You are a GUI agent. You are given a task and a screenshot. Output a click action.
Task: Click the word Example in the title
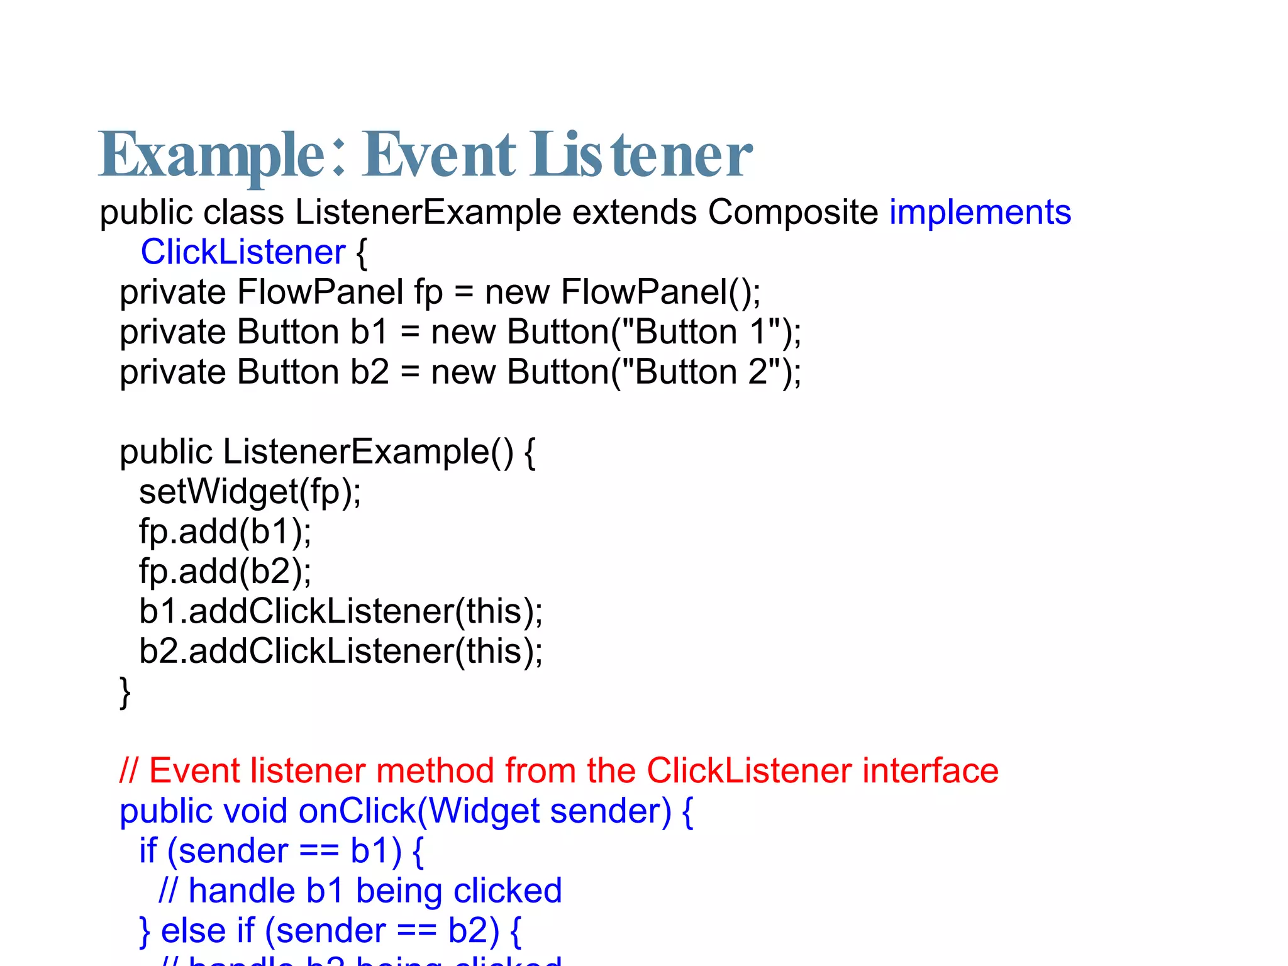click(x=211, y=155)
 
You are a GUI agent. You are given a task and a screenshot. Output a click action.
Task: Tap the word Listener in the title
click(x=641, y=155)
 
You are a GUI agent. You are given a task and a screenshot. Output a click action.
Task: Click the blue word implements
click(x=980, y=212)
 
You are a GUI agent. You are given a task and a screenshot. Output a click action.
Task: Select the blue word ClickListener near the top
click(x=243, y=252)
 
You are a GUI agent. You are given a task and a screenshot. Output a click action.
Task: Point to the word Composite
click(x=792, y=212)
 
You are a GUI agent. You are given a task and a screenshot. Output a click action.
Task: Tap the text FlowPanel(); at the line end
click(x=660, y=292)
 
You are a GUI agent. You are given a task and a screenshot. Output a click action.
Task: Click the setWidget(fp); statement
click(x=250, y=492)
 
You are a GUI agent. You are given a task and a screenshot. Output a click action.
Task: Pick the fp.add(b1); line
click(x=225, y=531)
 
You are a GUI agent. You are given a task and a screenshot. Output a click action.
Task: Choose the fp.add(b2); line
click(x=225, y=572)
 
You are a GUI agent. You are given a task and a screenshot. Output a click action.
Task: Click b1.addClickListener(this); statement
click(x=340, y=611)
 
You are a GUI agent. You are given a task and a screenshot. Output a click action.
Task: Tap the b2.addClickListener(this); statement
click(x=340, y=651)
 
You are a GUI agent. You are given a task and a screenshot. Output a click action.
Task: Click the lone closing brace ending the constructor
click(x=125, y=692)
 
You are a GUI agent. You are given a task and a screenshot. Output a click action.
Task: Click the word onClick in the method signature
click(x=357, y=811)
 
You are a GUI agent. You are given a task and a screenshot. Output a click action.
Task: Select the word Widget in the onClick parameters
click(x=484, y=811)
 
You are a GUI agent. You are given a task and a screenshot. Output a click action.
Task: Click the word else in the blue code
click(x=193, y=931)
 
